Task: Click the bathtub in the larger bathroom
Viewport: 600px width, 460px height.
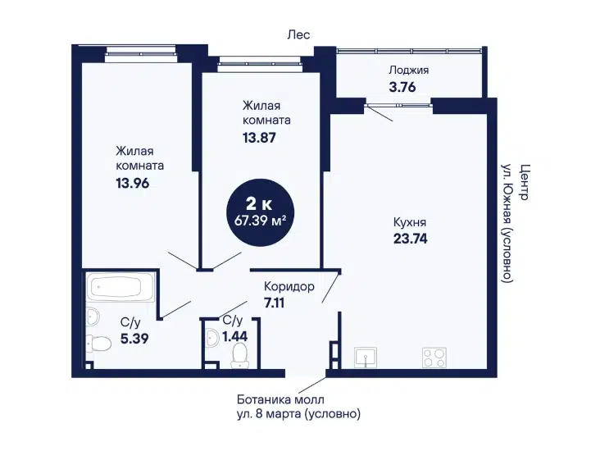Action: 120,287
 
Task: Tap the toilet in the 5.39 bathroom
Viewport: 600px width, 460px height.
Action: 98,343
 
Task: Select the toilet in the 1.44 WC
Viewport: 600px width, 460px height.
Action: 239,355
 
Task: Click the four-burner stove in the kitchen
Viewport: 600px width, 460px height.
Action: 434,358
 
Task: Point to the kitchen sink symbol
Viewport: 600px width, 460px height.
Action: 366,358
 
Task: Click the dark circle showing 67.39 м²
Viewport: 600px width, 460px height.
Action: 261,212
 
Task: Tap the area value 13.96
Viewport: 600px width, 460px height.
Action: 133,184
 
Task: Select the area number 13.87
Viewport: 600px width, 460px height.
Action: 259,138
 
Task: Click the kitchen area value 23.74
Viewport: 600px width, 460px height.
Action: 410,239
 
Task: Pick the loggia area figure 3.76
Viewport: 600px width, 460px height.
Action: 402,87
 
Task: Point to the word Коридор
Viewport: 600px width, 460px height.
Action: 289,286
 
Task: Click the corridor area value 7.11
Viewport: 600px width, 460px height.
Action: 274,303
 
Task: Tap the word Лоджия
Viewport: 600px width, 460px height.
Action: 409,70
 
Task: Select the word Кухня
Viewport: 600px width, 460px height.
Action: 410,222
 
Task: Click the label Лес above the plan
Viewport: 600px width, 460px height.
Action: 298,34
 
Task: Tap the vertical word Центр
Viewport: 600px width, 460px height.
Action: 524,182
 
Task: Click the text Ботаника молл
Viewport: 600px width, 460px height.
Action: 280,399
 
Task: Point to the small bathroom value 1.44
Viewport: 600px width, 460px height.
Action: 235,336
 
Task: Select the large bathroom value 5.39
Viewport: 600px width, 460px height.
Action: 134,339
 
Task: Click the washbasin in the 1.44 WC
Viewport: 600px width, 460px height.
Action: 211,338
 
